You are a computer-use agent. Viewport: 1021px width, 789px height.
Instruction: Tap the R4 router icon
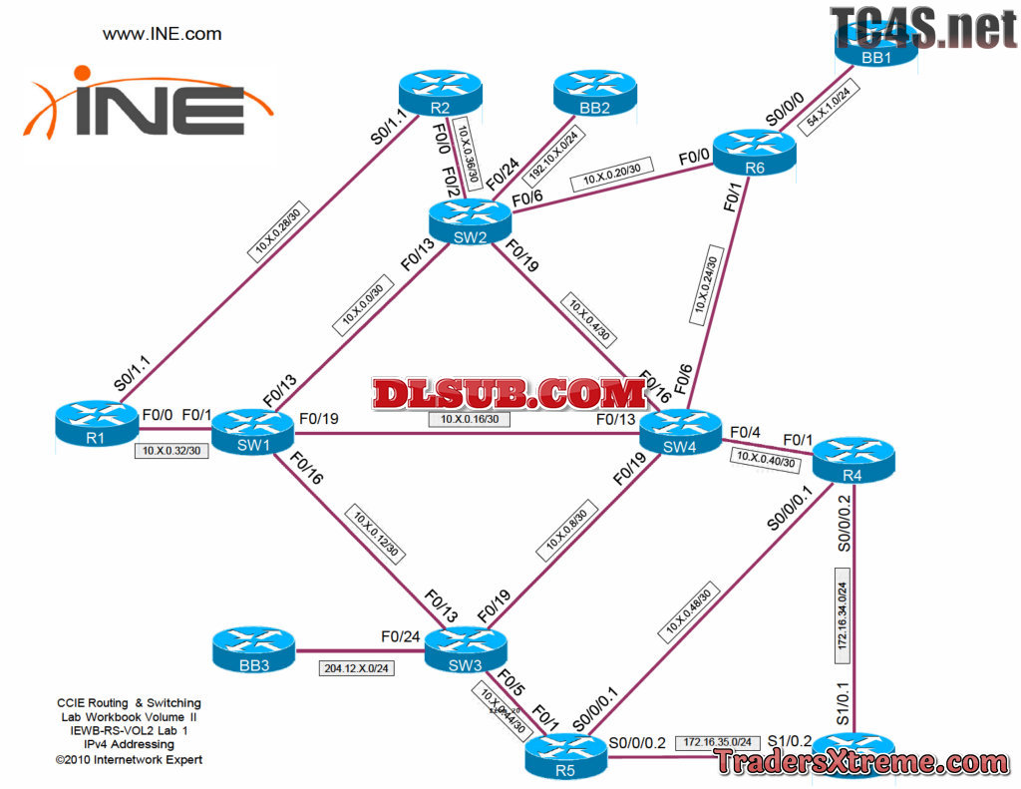853,457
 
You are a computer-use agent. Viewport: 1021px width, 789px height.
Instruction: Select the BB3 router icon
253,649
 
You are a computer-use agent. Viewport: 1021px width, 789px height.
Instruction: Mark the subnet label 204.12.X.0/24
356,668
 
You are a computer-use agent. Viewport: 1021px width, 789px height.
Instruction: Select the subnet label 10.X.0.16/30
470,420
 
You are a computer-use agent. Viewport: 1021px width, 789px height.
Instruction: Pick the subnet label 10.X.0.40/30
765,459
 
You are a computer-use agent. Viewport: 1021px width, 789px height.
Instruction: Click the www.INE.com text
163,34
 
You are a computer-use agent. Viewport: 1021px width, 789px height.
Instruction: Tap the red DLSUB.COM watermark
510,393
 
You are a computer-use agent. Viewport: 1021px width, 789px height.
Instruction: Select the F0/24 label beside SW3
400,635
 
